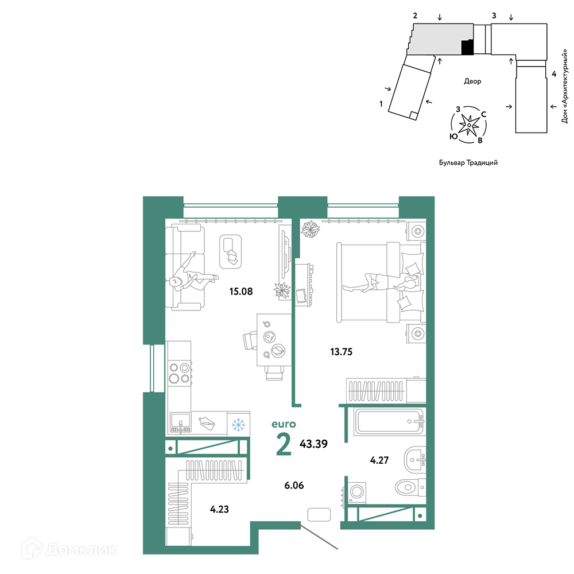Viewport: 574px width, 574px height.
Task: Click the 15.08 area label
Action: point(241,292)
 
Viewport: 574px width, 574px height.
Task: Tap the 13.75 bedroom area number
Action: point(341,352)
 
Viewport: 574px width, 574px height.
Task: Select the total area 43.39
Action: point(313,444)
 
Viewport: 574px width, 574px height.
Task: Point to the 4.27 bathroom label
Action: point(379,460)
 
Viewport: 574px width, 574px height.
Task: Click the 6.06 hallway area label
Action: point(294,486)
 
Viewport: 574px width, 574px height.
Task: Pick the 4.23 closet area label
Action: point(219,509)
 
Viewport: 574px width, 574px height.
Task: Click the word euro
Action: point(284,424)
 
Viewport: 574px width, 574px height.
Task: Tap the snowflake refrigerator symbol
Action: point(238,425)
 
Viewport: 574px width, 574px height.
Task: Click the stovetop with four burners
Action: point(180,373)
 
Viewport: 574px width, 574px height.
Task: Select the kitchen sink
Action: point(180,423)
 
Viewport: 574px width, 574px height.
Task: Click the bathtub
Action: point(390,421)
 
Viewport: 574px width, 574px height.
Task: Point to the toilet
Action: point(410,487)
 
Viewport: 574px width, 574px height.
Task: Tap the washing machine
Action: point(356,493)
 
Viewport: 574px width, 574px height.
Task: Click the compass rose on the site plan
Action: point(469,125)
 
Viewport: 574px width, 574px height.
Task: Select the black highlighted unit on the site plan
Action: point(467,47)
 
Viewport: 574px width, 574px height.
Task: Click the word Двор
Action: point(472,81)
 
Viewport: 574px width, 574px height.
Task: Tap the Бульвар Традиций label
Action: point(468,162)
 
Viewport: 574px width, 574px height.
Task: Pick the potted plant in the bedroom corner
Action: point(311,229)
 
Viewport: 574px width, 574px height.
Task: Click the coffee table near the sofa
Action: point(230,252)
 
